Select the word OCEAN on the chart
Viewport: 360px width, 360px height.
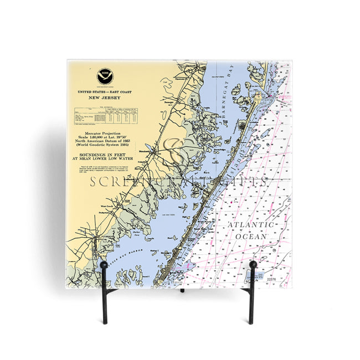coord(251,236)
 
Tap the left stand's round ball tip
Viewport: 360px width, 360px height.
coord(104,265)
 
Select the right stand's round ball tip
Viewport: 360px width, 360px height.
coord(253,265)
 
